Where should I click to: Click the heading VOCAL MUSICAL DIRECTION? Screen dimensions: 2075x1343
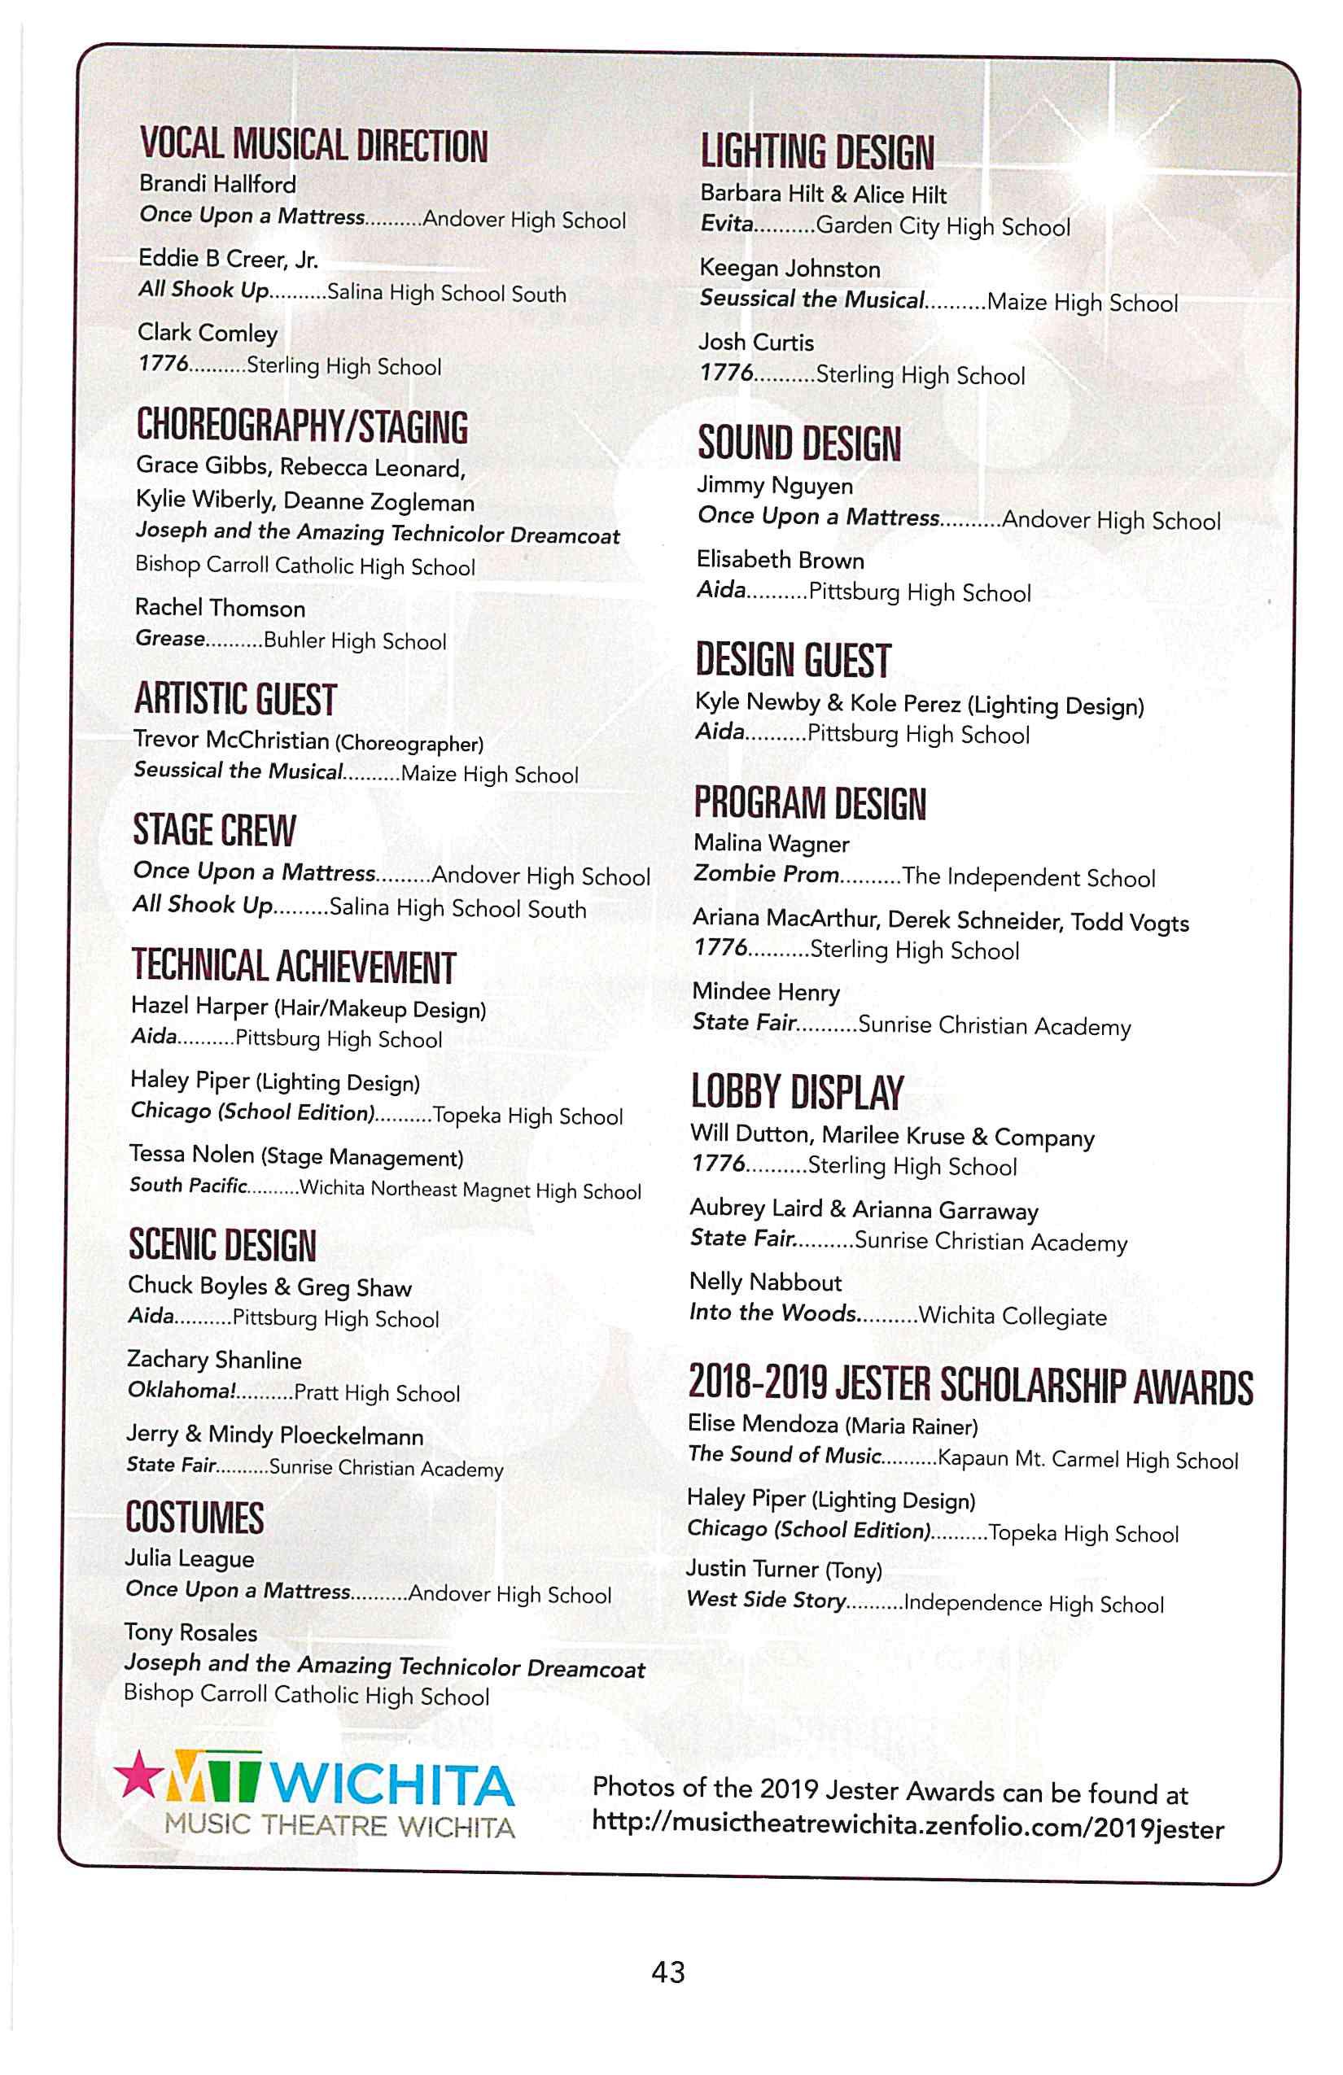pyautogui.click(x=314, y=145)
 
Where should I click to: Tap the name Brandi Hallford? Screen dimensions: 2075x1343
pyautogui.click(x=217, y=184)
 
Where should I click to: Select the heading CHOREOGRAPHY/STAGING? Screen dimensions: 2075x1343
pyautogui.click(x=302, y=426)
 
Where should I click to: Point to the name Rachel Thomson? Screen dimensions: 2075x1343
pyautogui.click(x=220, y=608)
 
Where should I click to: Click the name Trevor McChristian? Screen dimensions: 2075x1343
pyautogui.click(x=231, y=740)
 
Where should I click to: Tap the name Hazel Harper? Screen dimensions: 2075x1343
pyautogui.click(x=199, y=1006)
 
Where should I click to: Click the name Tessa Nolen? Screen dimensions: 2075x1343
pyautogui.click(x=192, y=1155)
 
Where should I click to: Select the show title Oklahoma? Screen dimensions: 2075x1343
pyautogui.click(x=182, y=1390)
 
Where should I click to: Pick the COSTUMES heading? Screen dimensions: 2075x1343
pyautogui.click(x=195, y=1518)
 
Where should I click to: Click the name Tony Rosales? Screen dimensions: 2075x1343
pyautogui.click(x=190, y=1632)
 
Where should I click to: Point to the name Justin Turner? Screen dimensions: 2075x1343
pyautogui.click(x=752, y=1569)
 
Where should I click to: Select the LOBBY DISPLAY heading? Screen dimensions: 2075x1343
pyautogui.click(x=796, y=1091)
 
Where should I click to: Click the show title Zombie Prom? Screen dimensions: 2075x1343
pyautogui.click(x=766, y=874)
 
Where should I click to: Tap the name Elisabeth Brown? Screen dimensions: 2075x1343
pyautogui.click(x=780, y=560)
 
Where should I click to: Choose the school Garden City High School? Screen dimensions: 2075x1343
pyautogui.click(x=942, y=227)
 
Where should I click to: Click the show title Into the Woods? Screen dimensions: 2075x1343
pyautogui.click(x=772, y=1313)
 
